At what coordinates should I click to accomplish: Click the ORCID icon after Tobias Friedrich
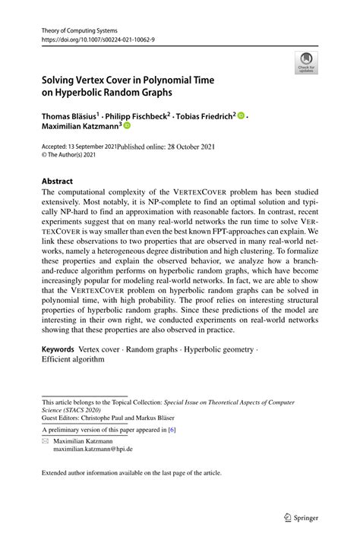click(241, 116)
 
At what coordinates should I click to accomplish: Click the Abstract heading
click(58, 181)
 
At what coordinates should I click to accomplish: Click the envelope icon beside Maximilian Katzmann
click(46, 440)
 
